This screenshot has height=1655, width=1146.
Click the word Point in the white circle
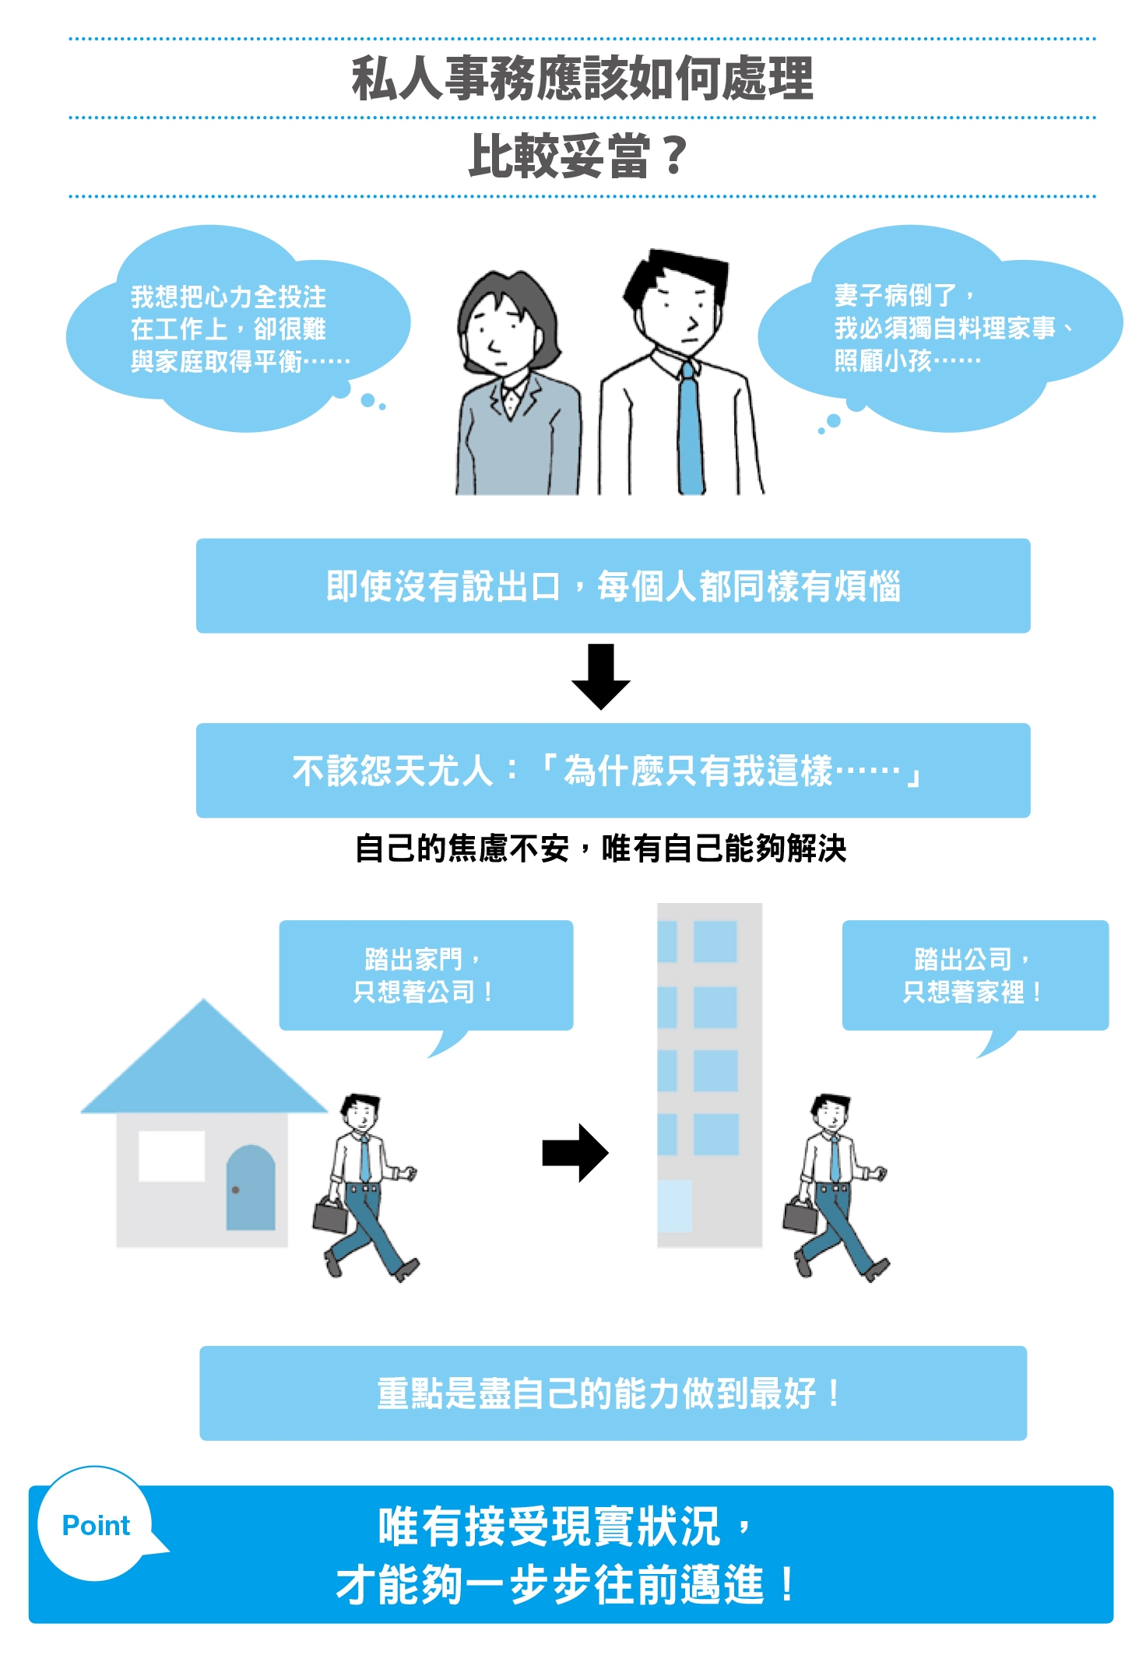coord(96,1525)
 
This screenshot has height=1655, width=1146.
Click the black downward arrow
coord(600,676)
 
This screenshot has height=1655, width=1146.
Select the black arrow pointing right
coord(575,1153)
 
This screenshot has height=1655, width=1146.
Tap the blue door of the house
coord(251,1188)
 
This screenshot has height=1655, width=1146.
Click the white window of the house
coord(171,1156)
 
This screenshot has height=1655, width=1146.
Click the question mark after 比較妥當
coord(674,156)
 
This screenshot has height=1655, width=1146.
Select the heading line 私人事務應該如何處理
coord(582,79)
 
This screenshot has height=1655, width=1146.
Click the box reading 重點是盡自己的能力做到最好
coord(613,1393)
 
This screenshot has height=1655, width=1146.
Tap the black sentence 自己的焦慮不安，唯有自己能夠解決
coord(600,848)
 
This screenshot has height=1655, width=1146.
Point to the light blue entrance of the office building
coord(674,1206)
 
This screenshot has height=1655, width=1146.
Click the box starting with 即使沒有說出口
coord(613,585)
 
